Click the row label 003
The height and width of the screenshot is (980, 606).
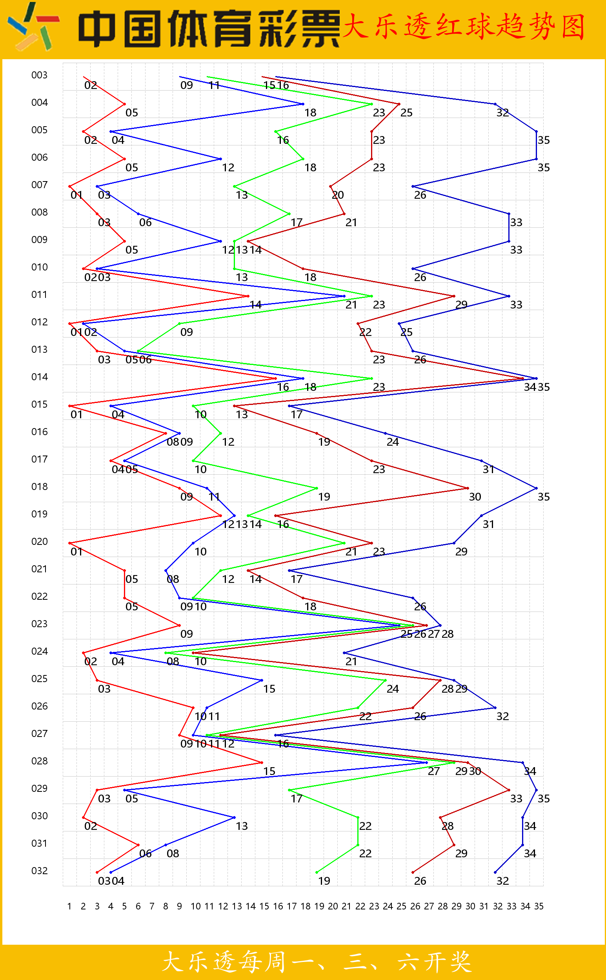tap(39, 75)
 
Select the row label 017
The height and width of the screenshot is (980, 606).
tap(39, 459)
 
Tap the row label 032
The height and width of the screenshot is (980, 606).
tap(39, 871)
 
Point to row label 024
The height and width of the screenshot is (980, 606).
tap(39, 651)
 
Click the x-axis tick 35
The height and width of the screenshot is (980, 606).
tap(539, 906)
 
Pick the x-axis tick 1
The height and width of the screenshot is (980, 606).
tap(69, 906)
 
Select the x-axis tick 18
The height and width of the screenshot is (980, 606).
tap(306, 906)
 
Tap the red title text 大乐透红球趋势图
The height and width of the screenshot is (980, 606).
tap(464, 26)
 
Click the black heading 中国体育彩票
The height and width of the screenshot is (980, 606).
tap(208, 29)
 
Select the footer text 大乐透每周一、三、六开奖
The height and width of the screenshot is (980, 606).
tap(317, 962)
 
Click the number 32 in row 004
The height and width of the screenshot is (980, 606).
tap(502, 113)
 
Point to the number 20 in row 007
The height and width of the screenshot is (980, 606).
tap(338, 195)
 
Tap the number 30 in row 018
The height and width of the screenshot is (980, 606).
tap(475, 497)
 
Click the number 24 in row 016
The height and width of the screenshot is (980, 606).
tap(393, 442)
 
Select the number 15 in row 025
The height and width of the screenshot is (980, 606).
tap(269, 689)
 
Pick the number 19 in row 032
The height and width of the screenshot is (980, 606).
tap(324, 881)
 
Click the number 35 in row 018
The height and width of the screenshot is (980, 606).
tap(544, 497)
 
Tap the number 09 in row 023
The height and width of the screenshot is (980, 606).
tap(187, 634)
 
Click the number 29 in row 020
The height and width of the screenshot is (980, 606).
tap(461, 552)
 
